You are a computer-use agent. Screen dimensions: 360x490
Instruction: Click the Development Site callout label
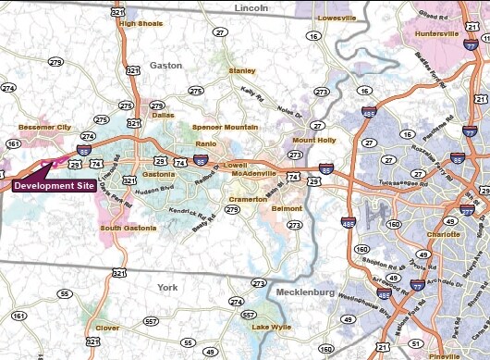pyautogui.click(x=53, y=185)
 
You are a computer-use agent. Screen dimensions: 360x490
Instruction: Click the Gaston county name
pyautogui.click(x=166, y=66)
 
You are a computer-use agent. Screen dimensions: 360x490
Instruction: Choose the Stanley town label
pyautogui.click(x=242, y=70)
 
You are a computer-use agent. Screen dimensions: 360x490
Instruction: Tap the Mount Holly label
pyautogui.click(x=310, y=140)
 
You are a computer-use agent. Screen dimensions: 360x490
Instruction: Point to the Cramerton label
pyautogui.click(x=249, y=197)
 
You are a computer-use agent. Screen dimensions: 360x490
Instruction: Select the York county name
pyautogui.click(x=168, y=287)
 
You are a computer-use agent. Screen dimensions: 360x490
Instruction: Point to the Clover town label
pyautogui.click(x=107, y=328)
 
